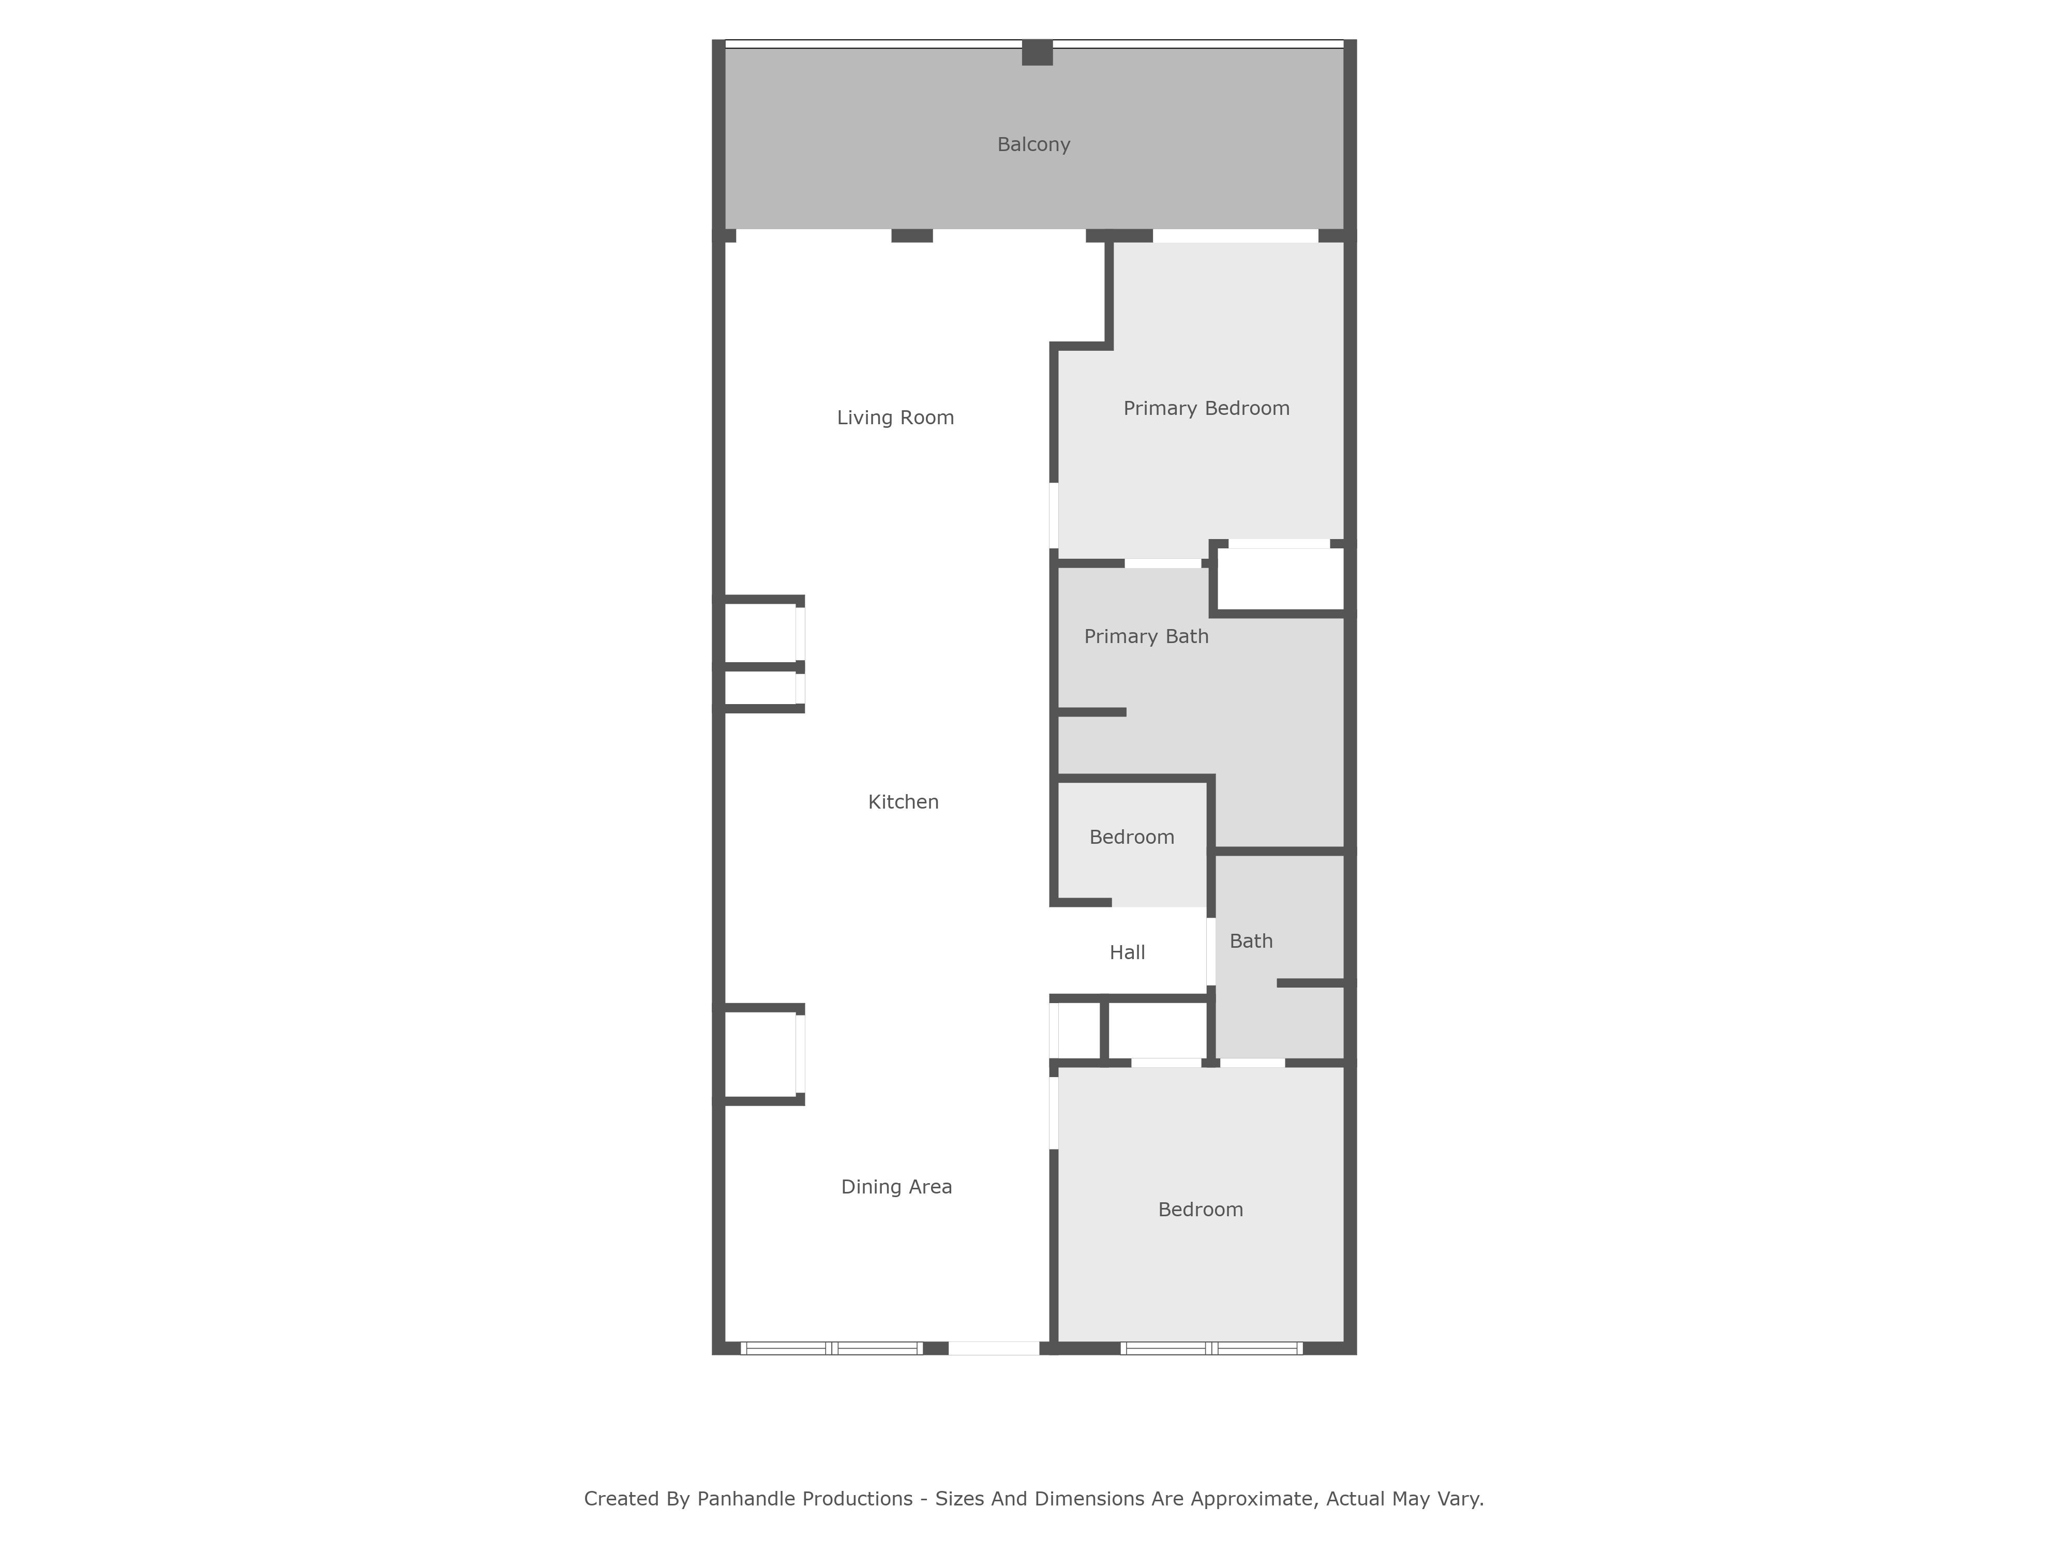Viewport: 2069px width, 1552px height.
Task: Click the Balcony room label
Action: (x=1033, y=145)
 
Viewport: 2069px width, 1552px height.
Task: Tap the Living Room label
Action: (x=895, y=418)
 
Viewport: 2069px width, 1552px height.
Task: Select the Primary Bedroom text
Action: (x=1207, y=409)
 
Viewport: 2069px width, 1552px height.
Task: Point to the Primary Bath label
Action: (x=1146, y=637)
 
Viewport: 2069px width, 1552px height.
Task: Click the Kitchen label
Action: (x=904, y=802)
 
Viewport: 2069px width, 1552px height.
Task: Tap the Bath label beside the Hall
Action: (x=1251, y=941)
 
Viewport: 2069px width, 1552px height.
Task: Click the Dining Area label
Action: (x=896, y=1187)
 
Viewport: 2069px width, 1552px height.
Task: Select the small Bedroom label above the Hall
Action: (x=1132, y=837)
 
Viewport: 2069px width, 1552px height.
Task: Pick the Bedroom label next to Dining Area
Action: (x=1200, y=1210)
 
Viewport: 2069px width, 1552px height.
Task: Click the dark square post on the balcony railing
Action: (x=1037, y=52)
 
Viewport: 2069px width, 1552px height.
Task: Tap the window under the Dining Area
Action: (x=832, y=1348)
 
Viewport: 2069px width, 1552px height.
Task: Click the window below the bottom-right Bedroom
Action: (x=1211, y=1348)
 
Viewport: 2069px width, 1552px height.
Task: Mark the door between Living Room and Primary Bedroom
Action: (x=1053, y=515)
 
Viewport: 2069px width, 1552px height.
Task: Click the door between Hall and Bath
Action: (x=1210, y=951)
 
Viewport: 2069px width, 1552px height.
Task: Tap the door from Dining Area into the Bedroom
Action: (x=1053, y=1113)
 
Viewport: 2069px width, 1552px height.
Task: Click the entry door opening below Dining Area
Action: (x=993, y=1348)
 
